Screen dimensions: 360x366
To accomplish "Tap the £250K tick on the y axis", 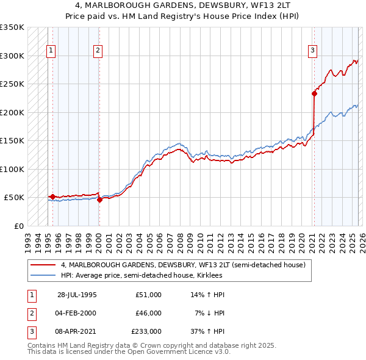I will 12,84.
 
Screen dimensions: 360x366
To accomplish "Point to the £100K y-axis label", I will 12,169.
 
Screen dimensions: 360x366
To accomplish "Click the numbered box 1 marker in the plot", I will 51,51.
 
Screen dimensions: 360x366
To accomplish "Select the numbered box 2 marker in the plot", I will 98,51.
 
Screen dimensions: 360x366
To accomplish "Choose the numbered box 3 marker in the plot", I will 312,51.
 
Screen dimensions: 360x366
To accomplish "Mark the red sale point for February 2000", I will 99,200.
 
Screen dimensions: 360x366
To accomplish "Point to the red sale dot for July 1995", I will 53,196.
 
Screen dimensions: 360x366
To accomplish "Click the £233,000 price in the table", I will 146,331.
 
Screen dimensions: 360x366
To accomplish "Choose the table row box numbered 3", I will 30,331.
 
